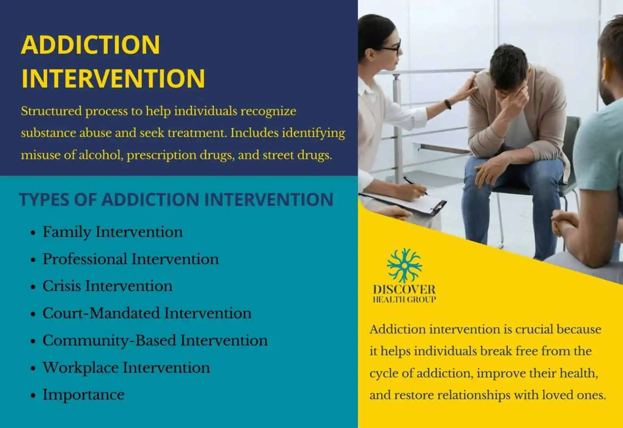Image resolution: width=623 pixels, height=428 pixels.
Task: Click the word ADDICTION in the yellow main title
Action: click(x=90, y=45)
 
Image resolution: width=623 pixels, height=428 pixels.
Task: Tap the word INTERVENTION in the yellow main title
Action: click(x=113, y=78)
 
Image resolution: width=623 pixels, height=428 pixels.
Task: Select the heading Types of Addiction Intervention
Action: click(x=176, y=199)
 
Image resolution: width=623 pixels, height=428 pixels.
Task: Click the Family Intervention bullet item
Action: click(x=112, y=232)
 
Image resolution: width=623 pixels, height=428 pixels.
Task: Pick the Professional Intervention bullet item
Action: click(x=130, y=259)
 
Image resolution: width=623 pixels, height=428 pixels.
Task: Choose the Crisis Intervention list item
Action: click(x=107, y=286)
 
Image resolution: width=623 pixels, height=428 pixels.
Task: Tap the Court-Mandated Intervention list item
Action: click(x=147, y=313)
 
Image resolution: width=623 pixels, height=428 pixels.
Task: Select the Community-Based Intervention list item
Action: click(x=155, y=340)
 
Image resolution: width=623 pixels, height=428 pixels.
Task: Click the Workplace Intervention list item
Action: click(x=126, y=368)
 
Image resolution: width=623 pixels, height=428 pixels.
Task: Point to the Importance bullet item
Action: click(x=84, y=395)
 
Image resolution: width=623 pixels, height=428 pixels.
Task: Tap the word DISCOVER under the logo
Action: click(x=404, y=289)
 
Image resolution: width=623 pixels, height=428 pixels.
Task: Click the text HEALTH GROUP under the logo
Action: click(x=404, y=300)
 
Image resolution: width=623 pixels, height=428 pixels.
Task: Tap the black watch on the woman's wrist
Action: click(x=448, y=104)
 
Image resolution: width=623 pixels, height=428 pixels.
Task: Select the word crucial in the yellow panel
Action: click(x=534, y=329)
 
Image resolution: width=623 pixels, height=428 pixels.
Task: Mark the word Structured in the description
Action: click(x=51, y=111)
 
